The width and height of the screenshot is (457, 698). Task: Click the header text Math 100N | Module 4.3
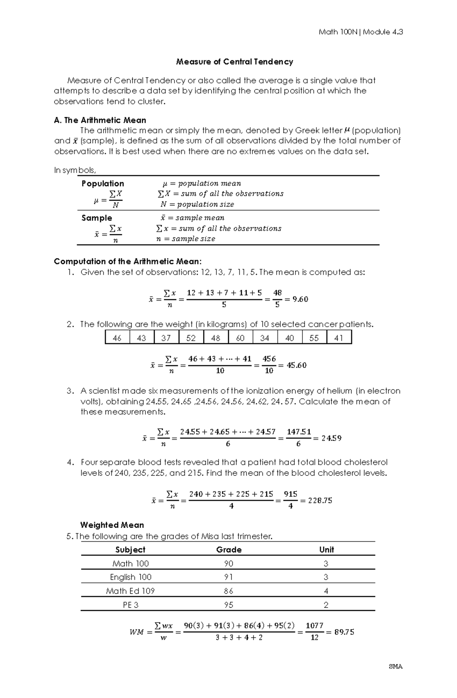(360, 32)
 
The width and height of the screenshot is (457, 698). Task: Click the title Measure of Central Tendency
(234, 62)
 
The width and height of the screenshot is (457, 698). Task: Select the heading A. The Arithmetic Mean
(100, 120)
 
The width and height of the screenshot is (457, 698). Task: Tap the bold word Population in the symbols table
(102, 183)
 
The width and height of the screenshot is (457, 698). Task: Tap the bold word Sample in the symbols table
(97, 218)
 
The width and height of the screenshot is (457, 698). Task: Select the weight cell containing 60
(240, 338)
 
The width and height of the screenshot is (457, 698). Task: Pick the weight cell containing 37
(166, 338)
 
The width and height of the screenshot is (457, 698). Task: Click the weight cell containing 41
(339, 338)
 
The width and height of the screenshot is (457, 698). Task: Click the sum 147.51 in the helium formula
(299, 432)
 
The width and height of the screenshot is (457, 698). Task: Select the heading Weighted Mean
(112, 525)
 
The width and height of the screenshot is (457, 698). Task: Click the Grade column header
(228, 550)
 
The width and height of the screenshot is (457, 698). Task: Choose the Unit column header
(326, 550)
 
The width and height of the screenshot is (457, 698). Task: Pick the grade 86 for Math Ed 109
(228, 591)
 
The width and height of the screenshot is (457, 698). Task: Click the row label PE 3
(131, 605)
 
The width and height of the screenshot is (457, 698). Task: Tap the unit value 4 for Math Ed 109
(326, 591)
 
